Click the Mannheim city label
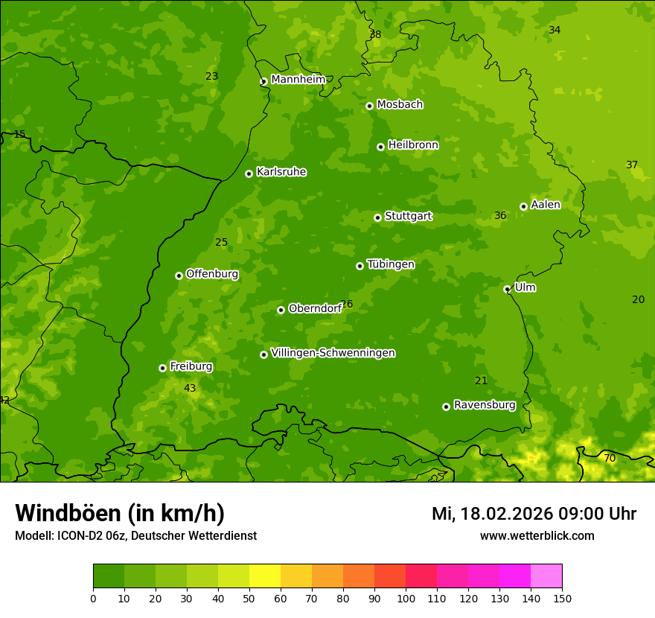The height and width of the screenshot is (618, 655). tap(298, 80)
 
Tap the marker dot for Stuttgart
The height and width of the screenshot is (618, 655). tap(377, 217)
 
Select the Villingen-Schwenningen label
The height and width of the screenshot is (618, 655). tap(333, 353)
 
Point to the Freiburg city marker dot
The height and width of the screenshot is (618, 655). tap(162, 368)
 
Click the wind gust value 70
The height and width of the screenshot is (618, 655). tap(610, 459)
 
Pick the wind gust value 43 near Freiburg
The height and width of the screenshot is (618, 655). tap(190, 389)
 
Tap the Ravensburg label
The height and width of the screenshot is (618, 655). tap(485, 405)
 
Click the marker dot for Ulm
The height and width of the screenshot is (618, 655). tap(507, 289)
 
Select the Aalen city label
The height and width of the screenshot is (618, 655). tap(546, 205)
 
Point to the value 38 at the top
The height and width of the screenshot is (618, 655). tap(375, 35)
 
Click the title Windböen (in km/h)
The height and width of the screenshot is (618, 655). tap(120, 514)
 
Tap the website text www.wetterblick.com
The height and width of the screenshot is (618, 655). tap(537, 536)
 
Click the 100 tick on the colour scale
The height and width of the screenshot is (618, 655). tap(406, 598)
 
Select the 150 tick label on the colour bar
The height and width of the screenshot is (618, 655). tap(562, 598)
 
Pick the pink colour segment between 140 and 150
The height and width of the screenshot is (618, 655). tap(546, 576)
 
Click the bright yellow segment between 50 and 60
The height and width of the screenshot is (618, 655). tap(265, 576)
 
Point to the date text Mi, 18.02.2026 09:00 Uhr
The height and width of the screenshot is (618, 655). tap(534, 514)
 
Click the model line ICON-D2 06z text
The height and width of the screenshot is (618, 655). tap(135, 536)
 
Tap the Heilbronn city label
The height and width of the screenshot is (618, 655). tap(413, 145)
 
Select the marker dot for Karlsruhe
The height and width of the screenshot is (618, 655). tap(249, 173)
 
